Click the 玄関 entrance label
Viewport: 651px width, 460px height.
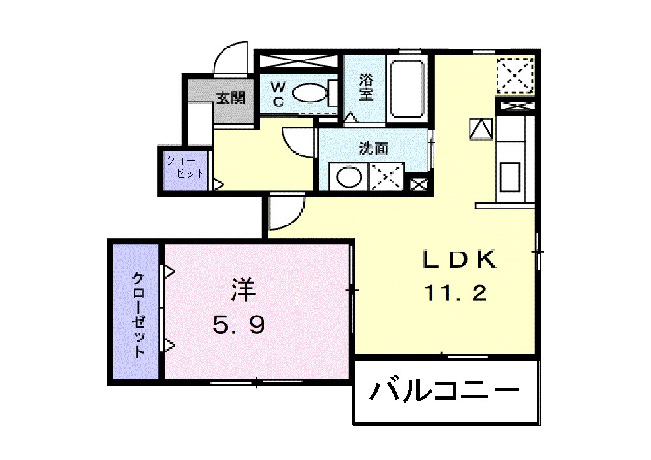point(230,98)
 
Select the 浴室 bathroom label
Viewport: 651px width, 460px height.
point(366,88)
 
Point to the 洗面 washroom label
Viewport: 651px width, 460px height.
point(373,149)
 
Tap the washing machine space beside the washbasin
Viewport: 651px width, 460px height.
point(387,176)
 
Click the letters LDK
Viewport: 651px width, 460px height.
point(459,260)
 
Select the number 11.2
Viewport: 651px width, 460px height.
point(456,293)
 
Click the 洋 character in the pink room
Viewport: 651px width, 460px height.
point(243,291)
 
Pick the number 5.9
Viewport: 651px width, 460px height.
point(238,326)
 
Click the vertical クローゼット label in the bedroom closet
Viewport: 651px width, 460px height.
point(137,315)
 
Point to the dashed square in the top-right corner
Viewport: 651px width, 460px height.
point(516,74)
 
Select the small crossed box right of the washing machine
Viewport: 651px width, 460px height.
point(419,185)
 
